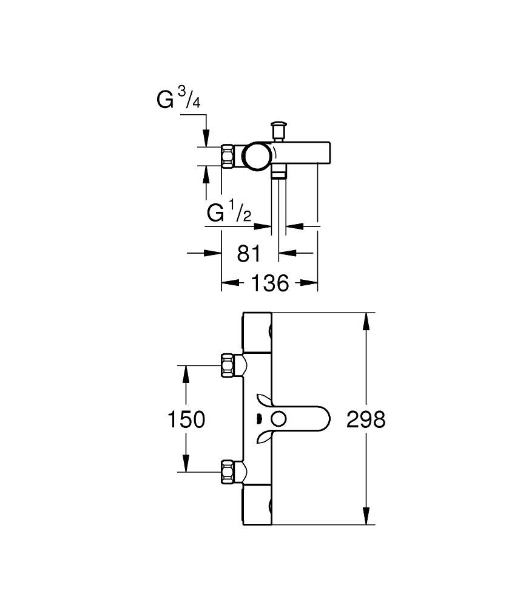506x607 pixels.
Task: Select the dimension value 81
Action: point(248,253)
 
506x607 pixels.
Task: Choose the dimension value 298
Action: point(366,419)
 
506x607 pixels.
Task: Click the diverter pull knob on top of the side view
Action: point(280,129)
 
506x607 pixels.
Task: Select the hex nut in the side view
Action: point(229,156)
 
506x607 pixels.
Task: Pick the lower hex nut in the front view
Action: point(229,471)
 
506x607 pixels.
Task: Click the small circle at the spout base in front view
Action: point(279,419)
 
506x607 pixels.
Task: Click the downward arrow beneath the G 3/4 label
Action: point(206,140)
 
